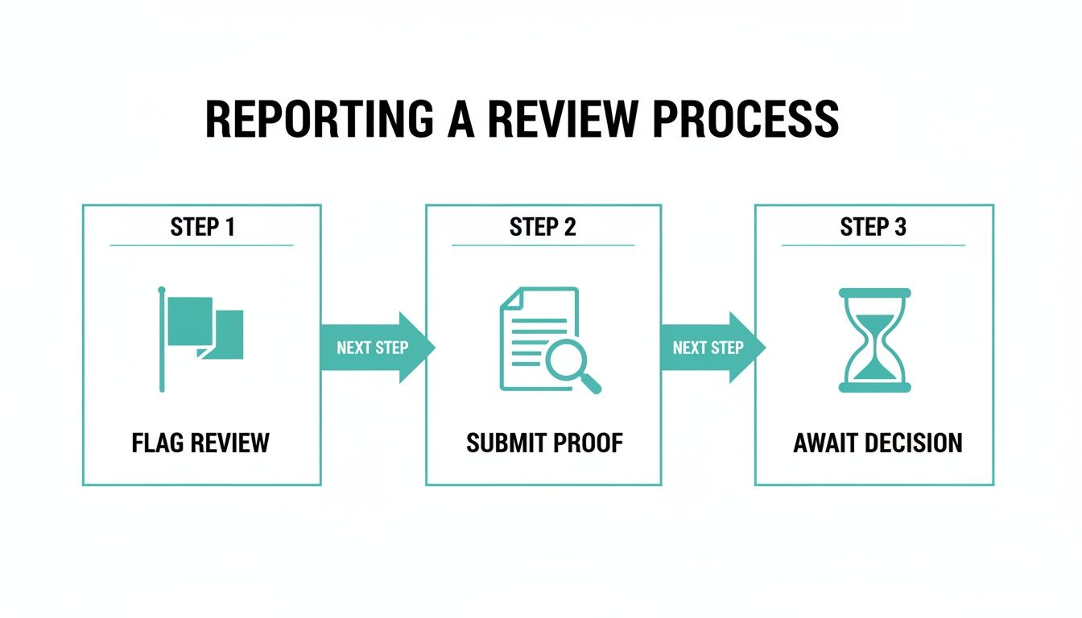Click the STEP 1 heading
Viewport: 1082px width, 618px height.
202,228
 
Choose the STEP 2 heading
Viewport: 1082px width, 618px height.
543,228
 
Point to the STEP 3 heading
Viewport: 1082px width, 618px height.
873,228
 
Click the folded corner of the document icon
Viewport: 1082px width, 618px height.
510,297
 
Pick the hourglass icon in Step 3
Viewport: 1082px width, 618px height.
874,340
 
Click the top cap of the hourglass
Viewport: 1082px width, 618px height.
874,293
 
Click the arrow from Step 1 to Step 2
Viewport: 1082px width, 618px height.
377,348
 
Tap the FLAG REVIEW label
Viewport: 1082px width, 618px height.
200,443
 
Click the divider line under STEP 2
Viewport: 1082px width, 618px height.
543,245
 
